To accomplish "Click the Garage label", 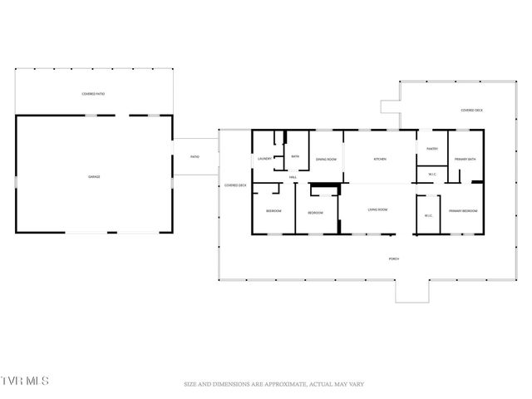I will click(x=95, y=177).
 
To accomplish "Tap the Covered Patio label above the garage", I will click(x=93, y=94).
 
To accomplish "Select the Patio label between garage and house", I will click(x=195, y=157).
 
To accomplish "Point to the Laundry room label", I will click(x=265, y=158).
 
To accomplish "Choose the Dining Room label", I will click(x=325, y=159).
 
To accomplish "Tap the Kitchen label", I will click(x=379, y=159).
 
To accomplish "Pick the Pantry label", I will click(x=432, y=149).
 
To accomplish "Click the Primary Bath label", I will click(x=465, y=159).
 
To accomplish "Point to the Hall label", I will click(x=293, y=178).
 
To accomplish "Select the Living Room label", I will click(x=378, y=209).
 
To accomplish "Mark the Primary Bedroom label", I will click(x=462, y=211).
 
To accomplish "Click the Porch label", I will click(x=394, y=259).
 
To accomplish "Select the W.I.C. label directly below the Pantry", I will click(x=432, y=175).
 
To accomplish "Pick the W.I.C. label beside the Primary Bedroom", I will click(x=428, y=216).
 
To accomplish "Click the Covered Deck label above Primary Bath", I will click(x=472, y=110).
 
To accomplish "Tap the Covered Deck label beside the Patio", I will click(x=235, y=185).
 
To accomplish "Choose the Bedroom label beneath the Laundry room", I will click(x=273, y=212).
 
